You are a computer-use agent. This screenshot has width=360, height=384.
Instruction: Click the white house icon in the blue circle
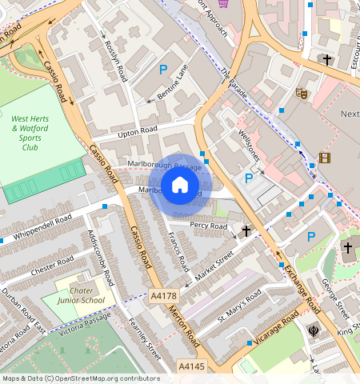coord(180,186)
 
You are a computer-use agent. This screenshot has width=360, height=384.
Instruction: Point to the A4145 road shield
coord(191,366)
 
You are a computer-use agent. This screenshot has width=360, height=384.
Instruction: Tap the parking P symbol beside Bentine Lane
coord(163,70)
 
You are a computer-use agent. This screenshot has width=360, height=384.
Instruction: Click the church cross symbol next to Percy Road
coord(246,231)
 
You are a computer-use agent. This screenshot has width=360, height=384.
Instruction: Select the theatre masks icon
coord(302,93)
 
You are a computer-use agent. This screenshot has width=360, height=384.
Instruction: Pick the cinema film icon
coord(324,157)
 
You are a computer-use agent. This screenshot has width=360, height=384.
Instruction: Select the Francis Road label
coord(178,250)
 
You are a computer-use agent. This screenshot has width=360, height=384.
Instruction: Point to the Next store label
coord(350,114)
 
